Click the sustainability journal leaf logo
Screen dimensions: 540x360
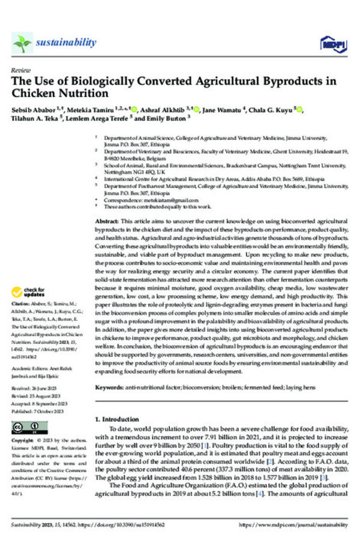pos(23,43)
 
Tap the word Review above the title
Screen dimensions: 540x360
pos(20,70)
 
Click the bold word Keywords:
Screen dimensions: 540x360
pos(112,387)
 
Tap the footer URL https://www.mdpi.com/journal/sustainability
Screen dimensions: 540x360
pos(293,524)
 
